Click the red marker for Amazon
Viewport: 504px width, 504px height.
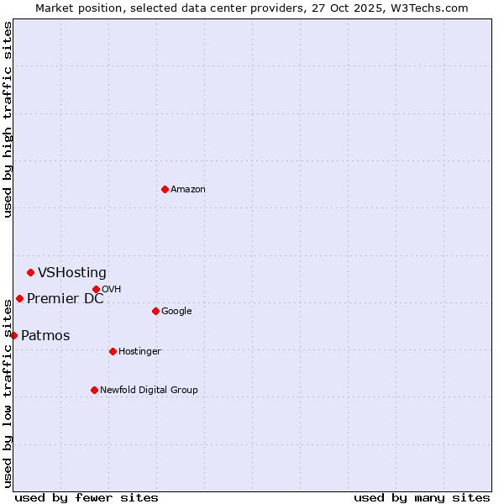coord(165,189)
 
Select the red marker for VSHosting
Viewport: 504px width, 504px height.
coord(30,272)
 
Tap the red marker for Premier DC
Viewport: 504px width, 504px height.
coord(19,298)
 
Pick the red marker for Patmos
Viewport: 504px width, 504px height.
coord(13,335)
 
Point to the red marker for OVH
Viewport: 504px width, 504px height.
coord(96,289)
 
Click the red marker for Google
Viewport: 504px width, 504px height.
coord(155,311)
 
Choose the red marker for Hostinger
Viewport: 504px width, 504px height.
coord(113,351)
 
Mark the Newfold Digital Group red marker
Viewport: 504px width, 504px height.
coord(94,390)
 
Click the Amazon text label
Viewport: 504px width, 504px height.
coord(187,189)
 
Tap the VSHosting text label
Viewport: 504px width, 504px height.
coord(72,272)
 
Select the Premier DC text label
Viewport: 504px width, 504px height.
coord(66,298)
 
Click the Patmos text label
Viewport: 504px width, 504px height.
coord(45,335)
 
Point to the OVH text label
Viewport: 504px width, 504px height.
coord(111,289)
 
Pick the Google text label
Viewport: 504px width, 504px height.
coord(176,311)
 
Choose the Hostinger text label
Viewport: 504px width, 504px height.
coord(139,351)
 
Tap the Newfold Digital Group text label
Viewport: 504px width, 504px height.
coord(149,390)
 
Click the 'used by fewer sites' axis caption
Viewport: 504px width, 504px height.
coord(87,497)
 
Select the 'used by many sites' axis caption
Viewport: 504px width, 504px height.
coord(422,497)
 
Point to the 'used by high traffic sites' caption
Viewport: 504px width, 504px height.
coord(8,119)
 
